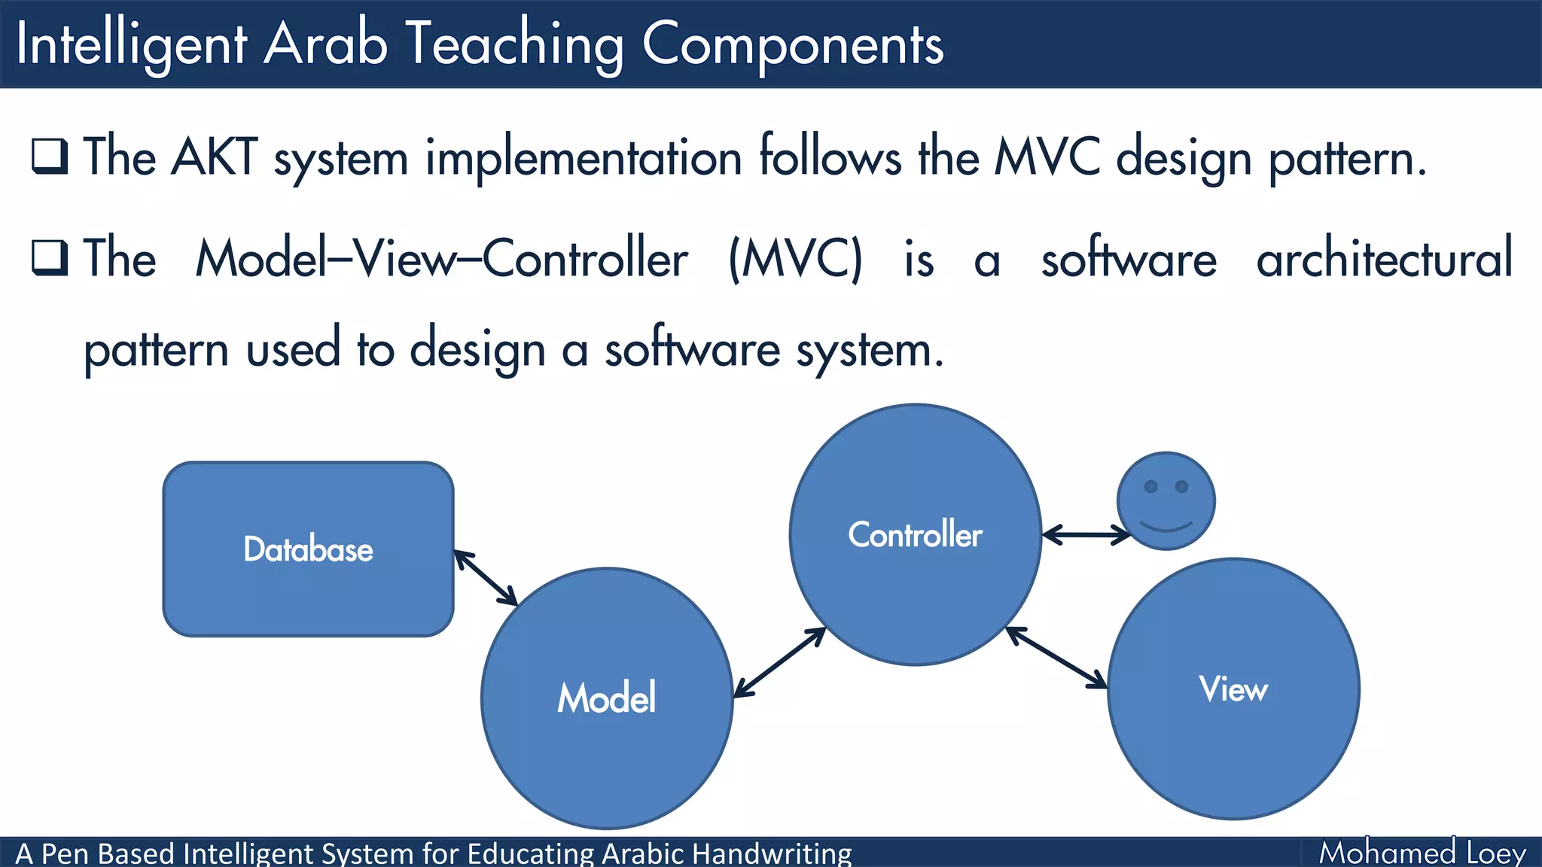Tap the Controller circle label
pyautogui.click(x=915, y=534)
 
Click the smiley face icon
pyautogui.click(x=1166, y=501)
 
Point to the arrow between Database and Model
pyautogui.click(x=486, y=578)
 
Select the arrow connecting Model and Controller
pyautogui.click(x=779, y=662)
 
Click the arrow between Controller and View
pyautogui.click(x=1057, y=657)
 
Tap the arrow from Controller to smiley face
pyautogui.click(x=1086, y=535)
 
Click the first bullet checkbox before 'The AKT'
pyautogui.click(x=50, y=157)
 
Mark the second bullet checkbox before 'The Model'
pyautogui.click(x=50, y=257)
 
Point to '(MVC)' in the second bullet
pyautogui.click(x=795, y=259)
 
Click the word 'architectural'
pyautogui.click(x=1384, y=257)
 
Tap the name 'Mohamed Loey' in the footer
pyautogui.click(x=1422, y=853)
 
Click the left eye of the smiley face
pyautogui.click(x=1150, y=486)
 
